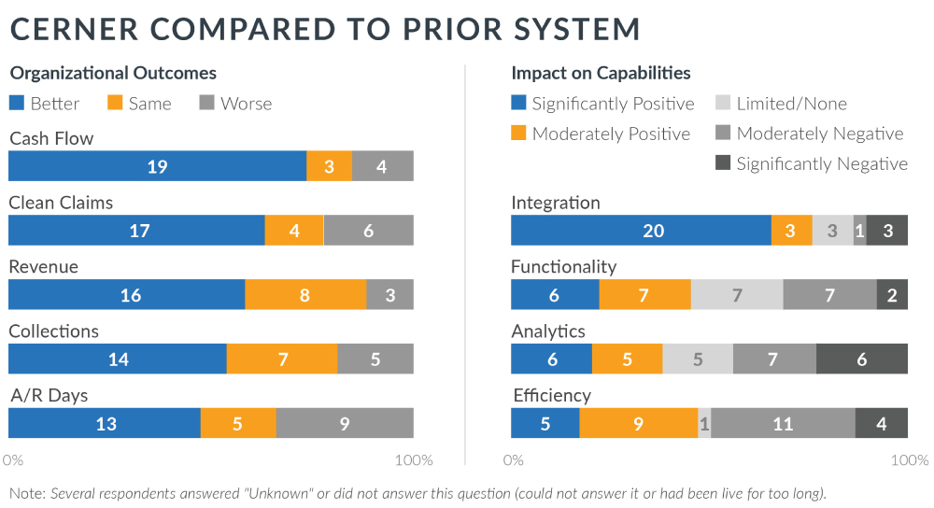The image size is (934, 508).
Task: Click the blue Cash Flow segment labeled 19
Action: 157,166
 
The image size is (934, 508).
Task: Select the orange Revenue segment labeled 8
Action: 305,294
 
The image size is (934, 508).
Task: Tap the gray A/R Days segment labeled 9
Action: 345,423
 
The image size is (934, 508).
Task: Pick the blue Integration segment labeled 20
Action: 641,231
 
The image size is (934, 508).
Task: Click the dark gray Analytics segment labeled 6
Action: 861,359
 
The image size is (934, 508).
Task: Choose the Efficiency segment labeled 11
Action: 783,423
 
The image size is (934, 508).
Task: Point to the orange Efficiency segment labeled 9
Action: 638,423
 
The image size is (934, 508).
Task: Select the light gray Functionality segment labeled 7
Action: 737,295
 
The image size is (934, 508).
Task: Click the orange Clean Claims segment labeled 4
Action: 293,230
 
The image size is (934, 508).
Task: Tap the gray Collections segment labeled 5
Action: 375,359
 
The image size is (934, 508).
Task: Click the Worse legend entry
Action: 235,104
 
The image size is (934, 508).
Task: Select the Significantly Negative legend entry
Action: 812,163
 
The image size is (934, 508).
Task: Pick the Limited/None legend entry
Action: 781,104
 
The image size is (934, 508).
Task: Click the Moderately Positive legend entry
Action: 601,134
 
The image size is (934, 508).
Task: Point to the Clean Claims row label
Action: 61,203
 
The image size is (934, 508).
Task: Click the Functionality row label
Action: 564,267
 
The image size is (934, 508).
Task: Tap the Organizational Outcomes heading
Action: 112,73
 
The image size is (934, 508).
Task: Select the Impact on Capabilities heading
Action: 601,73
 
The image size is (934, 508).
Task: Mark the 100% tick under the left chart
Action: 414,460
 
